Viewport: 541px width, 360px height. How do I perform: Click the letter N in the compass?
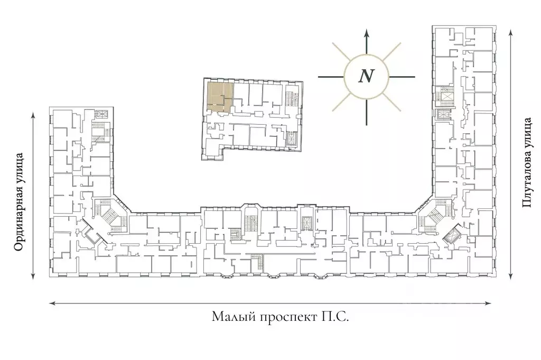click(367, 76)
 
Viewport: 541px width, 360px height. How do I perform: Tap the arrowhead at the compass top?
click(367, 33)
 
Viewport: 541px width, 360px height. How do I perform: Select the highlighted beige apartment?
click(220, 96)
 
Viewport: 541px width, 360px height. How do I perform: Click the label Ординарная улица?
click(19, 202)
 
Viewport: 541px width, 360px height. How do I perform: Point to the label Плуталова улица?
click(527, 162)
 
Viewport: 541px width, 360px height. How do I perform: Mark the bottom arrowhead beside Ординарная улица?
click(33, 275)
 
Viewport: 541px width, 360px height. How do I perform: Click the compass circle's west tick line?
click(331, 77)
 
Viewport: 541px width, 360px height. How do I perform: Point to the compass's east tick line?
click(402, 77)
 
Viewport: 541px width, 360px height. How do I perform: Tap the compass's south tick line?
click(367, 112)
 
